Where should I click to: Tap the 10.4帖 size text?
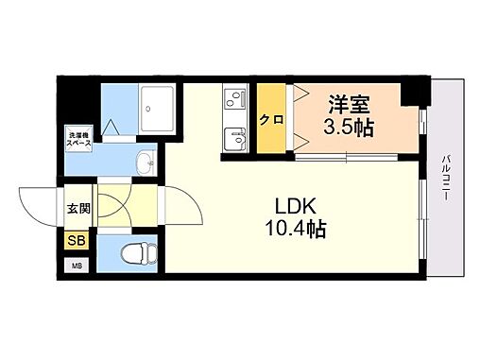pos(295,230)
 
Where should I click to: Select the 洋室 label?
pos(349,105)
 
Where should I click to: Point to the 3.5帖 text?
pos(349,129)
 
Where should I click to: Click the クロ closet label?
pos(270,119)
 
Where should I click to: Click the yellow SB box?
pos(76,241)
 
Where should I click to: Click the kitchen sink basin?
pos(233,140)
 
